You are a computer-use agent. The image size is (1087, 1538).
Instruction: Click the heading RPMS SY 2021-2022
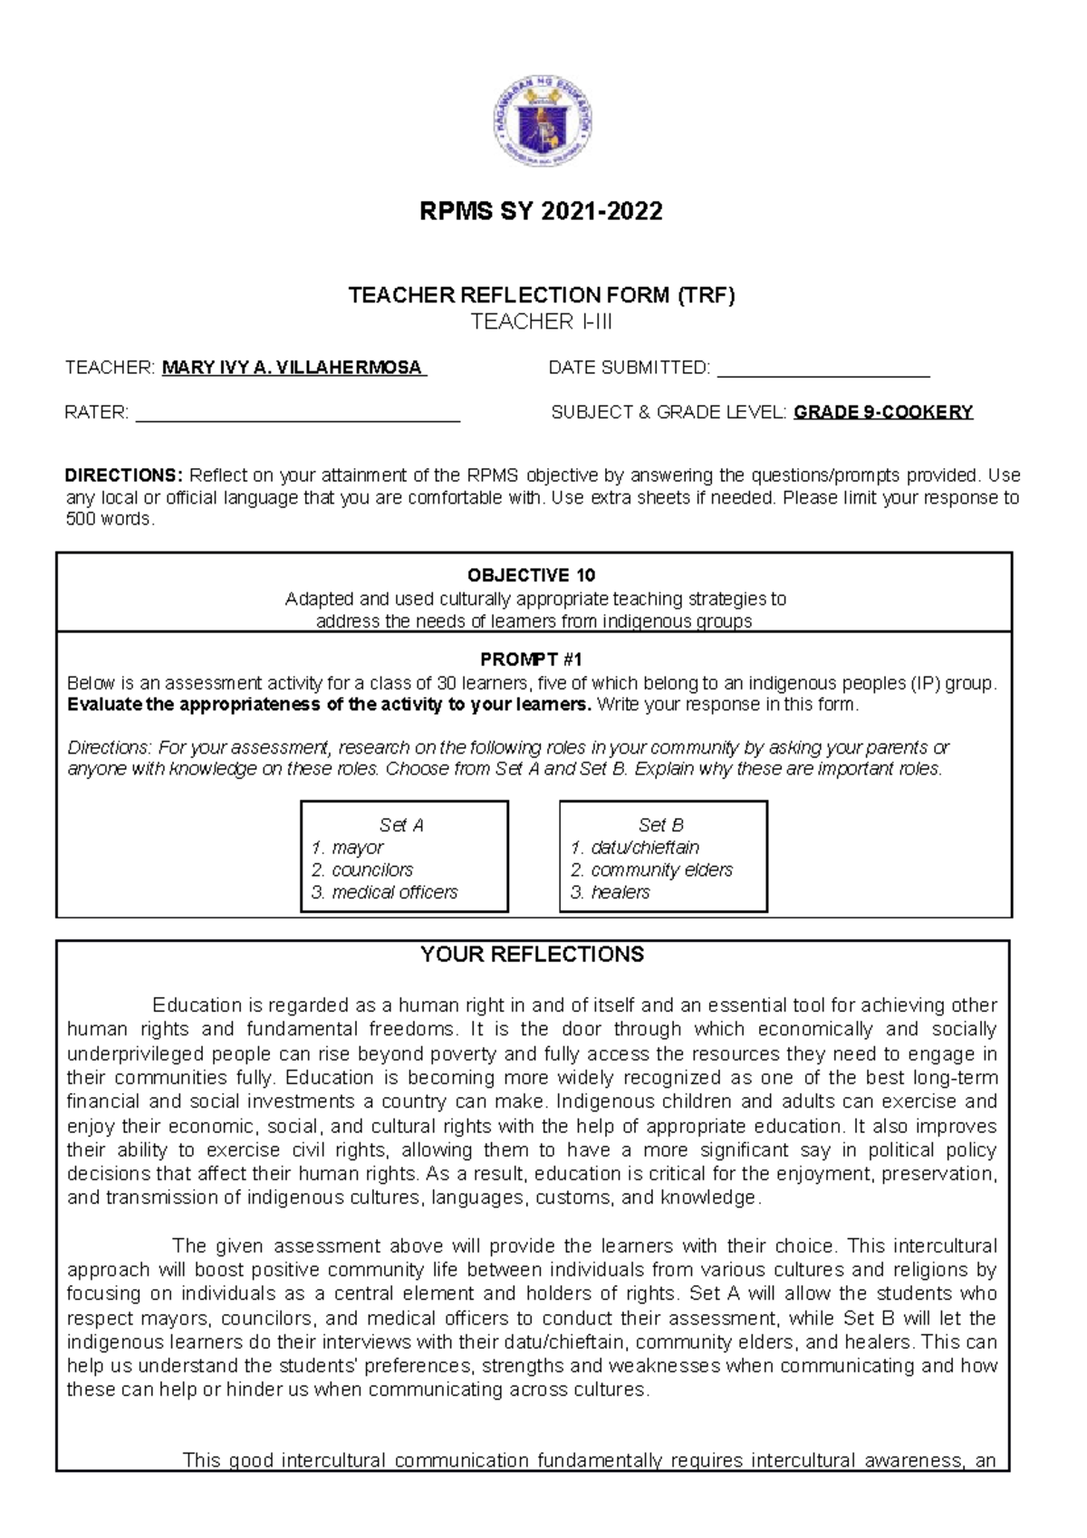coord(542,212)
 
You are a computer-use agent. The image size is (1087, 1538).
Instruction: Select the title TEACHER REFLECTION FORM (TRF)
coord(542,294)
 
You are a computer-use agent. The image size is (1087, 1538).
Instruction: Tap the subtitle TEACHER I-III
coord(542,322)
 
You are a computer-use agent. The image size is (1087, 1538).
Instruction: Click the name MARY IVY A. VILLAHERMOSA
coord(293,368)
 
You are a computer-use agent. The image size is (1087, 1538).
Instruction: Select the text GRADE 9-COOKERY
coord(883,413)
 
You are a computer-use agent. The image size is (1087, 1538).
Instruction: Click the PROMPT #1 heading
coord(531,659)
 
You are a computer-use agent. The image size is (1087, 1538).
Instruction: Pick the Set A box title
coord(401,825)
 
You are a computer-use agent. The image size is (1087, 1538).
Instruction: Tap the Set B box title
coord(661,825)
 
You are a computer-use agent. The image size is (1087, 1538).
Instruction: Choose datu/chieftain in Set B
coord(644,848)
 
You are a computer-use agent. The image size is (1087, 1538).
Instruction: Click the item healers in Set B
coord(620,892)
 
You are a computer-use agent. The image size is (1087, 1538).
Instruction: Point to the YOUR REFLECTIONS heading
coord(532,954)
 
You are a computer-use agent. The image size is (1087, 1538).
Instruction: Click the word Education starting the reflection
coord(195,1005)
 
